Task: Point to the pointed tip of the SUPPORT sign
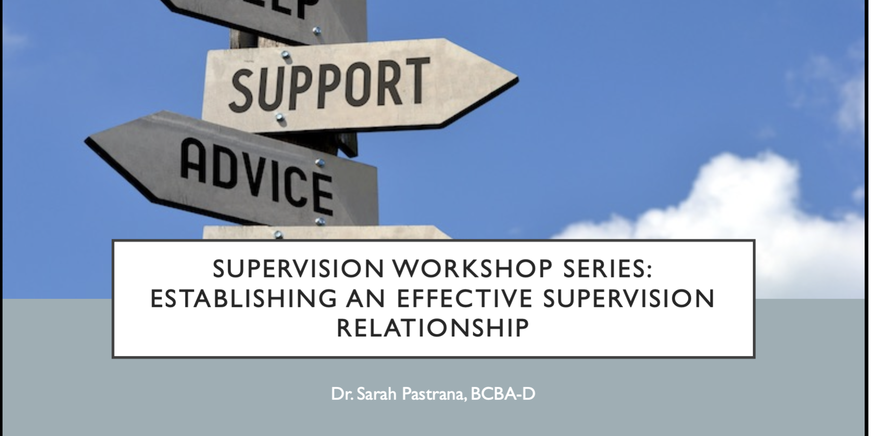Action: [x=516, y=79]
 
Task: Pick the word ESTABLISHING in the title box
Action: [x=243, y=299]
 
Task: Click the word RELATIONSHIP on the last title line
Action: [x=433, y=328]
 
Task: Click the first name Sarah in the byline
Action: [x=376, y=394]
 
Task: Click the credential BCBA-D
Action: [x=503, y=394]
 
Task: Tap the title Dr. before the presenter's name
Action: [x=341, y=394]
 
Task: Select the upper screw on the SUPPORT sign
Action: [x=285, y=54]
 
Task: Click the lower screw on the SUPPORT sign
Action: [x=280, y=118]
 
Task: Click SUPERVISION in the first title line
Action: [x=299, y=269]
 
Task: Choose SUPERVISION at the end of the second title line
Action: [x=629, y=299]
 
